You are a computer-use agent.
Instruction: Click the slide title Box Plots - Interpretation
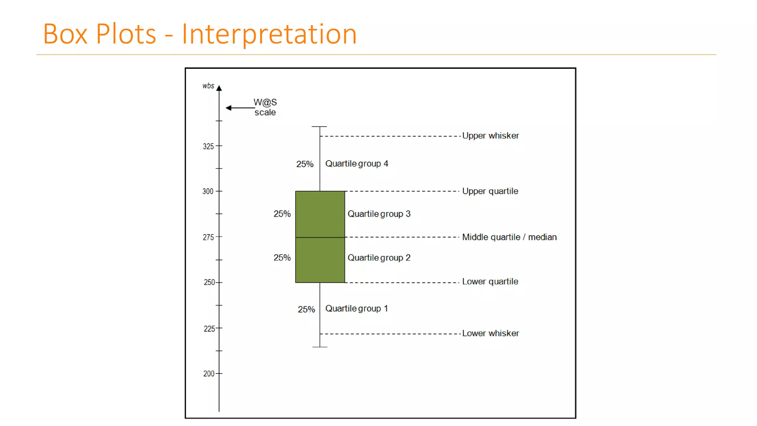[200, 34]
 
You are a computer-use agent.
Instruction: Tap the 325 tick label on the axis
[208, 146]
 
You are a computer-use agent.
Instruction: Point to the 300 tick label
[208, 191]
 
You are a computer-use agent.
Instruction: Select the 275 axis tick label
[208, 237]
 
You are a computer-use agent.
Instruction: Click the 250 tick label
[209, 282]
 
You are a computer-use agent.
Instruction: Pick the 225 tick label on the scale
[209, 329]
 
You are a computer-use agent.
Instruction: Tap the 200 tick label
[208, 373]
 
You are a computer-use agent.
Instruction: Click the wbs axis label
[208, 86]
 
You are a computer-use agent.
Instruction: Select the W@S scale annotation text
[265, 107]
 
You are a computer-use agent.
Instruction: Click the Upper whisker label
[490, 136]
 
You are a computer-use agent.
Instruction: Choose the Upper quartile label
[490, 191]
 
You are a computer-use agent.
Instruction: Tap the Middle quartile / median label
[509, 237]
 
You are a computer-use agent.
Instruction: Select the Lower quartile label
[490, 281]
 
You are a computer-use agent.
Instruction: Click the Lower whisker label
[490, 333]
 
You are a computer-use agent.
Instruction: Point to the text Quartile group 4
[356, 163]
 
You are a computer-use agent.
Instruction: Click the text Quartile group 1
[356, 308]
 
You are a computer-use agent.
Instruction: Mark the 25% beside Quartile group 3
[282, 214]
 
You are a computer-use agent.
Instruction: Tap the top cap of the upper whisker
[319, 126]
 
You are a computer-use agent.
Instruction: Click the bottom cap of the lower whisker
[320, 347]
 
